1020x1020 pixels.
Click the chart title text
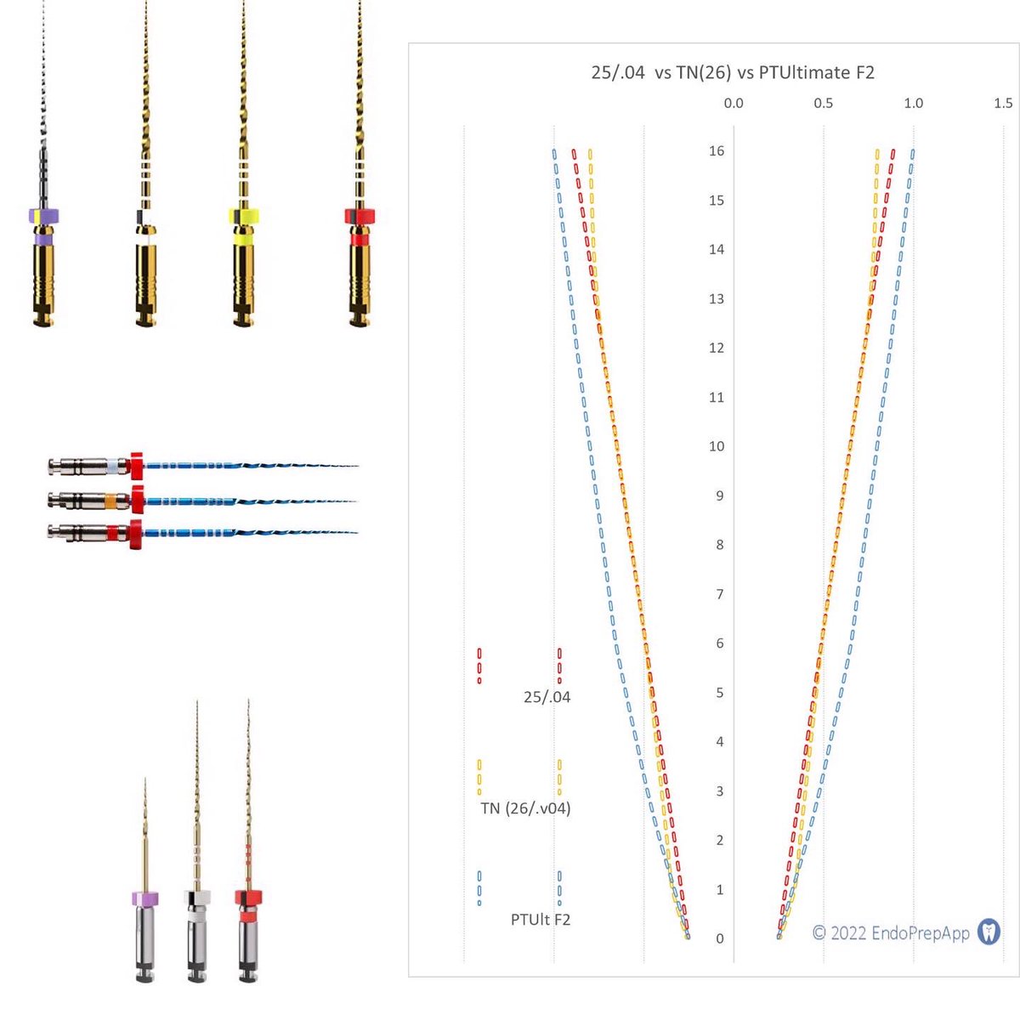point(733,72)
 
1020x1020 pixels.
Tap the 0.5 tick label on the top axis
point(823,103)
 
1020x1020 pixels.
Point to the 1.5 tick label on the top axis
point(1003,103)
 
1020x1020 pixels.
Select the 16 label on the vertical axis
point(717,150)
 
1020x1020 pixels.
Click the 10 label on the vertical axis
point(717,446)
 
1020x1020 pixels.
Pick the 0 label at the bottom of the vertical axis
point(720,938)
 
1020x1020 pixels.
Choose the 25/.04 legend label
point(547,697)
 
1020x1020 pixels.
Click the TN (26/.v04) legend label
point(525,808)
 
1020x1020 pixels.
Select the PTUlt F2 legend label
point(541,920)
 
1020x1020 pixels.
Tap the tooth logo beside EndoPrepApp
point(989,932)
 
